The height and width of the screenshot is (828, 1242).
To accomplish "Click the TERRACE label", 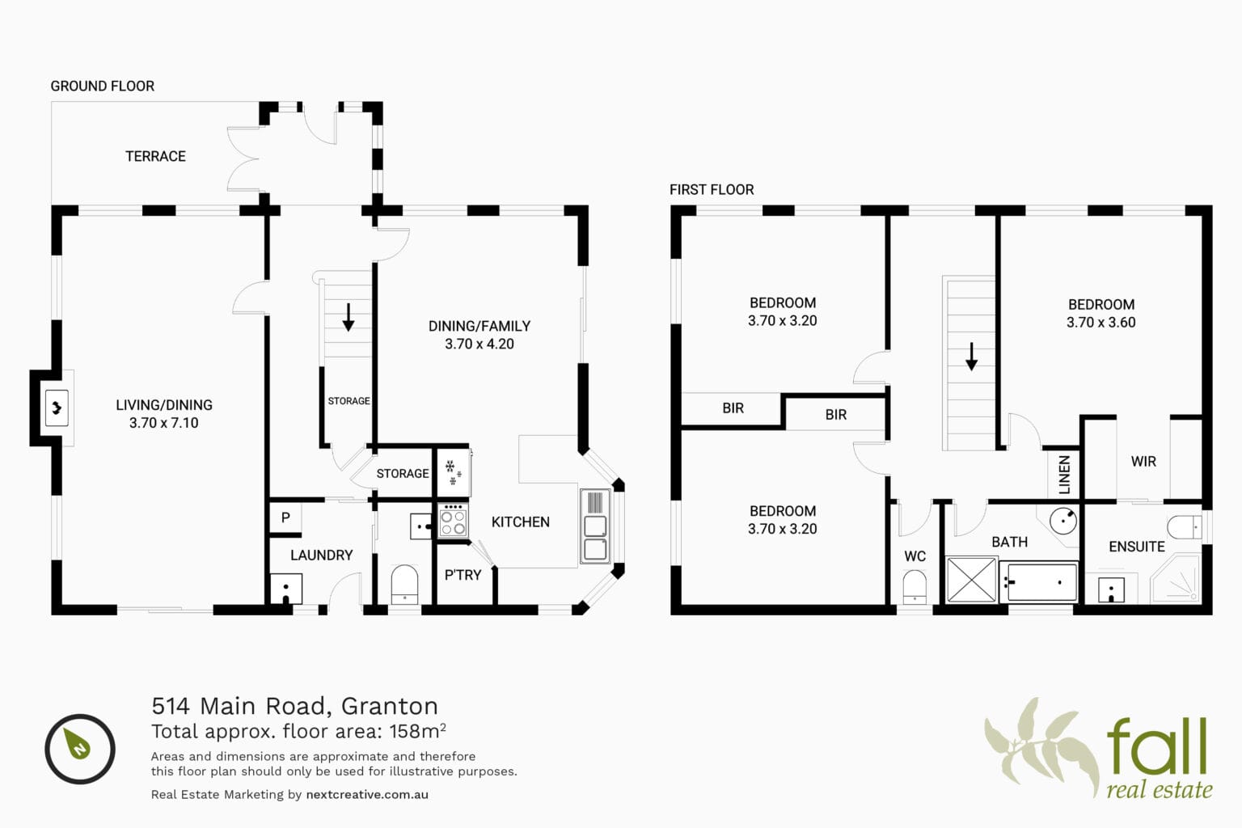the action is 155,156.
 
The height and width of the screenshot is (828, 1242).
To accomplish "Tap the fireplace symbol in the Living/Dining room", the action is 56,408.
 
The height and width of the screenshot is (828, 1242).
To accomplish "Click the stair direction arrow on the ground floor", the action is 349,317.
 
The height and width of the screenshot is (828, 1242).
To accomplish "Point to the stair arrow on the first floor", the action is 971,357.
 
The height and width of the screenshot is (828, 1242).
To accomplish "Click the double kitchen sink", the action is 594,526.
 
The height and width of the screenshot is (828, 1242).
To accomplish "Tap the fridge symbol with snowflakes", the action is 454,472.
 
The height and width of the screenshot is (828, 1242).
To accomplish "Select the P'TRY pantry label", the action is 463,575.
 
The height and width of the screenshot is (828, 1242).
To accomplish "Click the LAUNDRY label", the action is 322,556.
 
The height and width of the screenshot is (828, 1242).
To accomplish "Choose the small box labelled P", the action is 285,518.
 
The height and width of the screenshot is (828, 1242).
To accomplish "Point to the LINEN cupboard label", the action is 1064,475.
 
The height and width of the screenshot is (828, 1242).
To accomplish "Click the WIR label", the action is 1143,462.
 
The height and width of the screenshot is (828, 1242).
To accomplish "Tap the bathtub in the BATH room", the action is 1038,582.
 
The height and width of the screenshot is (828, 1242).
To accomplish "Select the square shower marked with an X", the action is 971,580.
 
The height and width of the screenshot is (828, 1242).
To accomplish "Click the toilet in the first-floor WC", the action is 915,587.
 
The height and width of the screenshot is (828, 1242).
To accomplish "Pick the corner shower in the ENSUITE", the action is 1176,581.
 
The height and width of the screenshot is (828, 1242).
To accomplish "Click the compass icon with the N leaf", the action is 80,749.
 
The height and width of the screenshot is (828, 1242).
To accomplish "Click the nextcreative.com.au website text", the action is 367,794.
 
